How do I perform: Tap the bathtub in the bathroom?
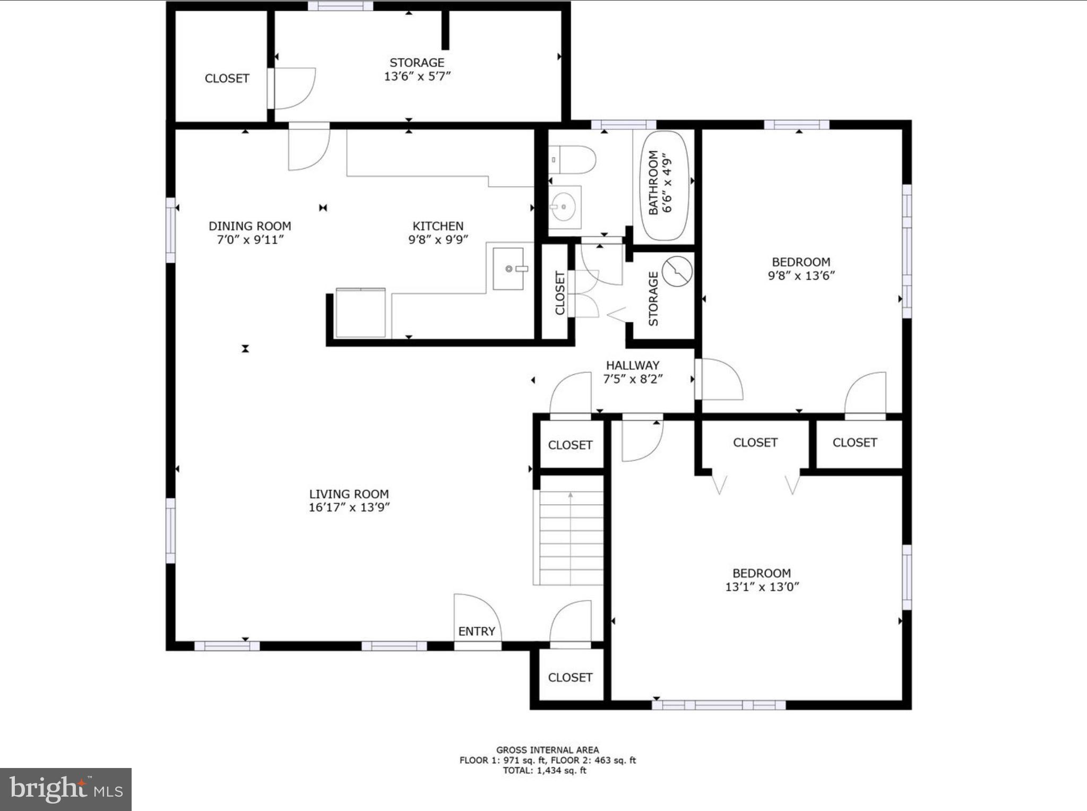(666, 185)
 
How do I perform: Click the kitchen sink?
(508, 269)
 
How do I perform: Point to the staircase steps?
(571, 537)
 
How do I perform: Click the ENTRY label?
(477, 631)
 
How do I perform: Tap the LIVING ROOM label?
(349, 494)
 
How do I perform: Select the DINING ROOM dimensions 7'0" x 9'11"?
(249, 240)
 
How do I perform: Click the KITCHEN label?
(438, 226)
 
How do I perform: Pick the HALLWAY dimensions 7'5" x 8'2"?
(633, 379)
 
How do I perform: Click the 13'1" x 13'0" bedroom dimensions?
(762, 587)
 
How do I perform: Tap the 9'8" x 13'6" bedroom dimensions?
(801, 275)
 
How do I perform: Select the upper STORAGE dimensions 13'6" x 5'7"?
(417, 76)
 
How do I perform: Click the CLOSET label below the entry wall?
(570, 677)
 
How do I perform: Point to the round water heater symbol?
(677, 271)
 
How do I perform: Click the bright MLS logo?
(66, 790)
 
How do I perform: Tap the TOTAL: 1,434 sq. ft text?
(545, 771)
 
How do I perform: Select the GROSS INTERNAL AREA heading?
(547, 750)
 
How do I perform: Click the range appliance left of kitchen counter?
(360, 313)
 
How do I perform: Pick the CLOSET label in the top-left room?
(227, 79)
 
